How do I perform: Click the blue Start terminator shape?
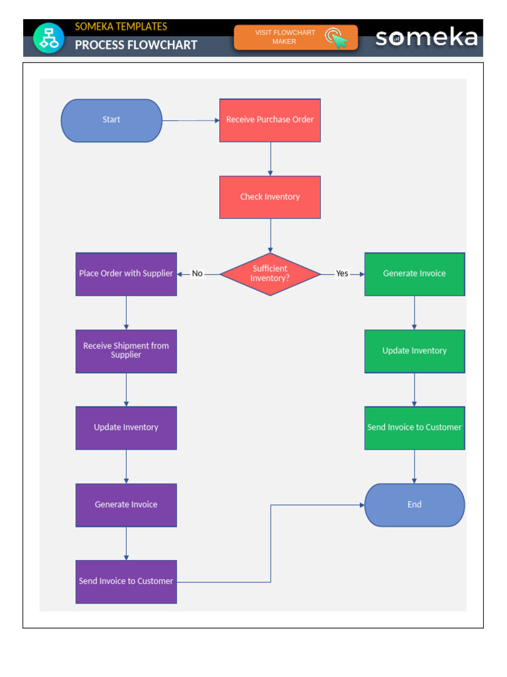[112, 120]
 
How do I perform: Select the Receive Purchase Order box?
[270, 120]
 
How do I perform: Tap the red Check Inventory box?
[270, 197]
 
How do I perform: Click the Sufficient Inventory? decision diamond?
[270, 274]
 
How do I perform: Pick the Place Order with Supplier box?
[126, 274]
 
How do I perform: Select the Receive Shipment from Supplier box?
[126, 351]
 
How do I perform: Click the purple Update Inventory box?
[126, 428]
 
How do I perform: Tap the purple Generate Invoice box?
[126, 505]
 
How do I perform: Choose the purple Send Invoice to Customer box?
[126, 582]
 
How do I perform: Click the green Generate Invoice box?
[415, 274]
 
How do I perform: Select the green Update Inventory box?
[415, 351]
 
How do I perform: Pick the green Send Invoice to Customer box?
[415, 428]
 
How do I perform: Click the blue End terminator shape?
[415, 505]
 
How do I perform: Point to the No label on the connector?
[197, 274]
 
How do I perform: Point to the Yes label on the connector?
[342, 274]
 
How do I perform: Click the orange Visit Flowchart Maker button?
[296, 38]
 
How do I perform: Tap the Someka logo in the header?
[426, 38]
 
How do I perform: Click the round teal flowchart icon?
[49, 38]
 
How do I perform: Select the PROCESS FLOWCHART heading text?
[136, 45]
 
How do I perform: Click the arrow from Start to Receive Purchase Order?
[191, 120]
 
